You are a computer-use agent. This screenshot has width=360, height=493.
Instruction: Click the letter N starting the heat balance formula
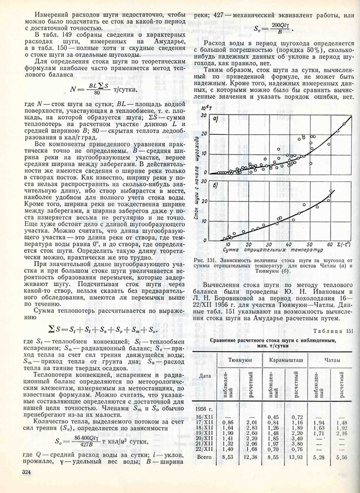(73, 88)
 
